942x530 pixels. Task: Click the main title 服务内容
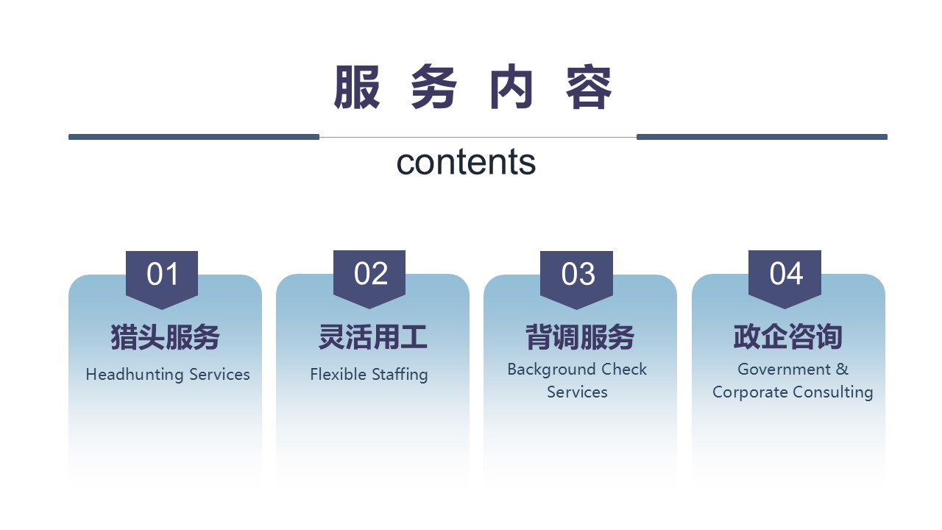pyautogui.click(x=472, y=87)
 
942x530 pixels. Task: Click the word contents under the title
pyautogui.click(x=466, y=163)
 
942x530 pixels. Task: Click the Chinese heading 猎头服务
pyautogui.click(x=165, y=337)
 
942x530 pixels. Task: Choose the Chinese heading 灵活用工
pyautogui.click(x=372, y=337)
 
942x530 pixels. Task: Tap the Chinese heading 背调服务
pyautogui.click(x=580, y=337)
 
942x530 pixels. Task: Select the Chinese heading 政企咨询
pyautogui.click(x=787, y=337)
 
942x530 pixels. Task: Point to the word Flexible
pyautogui.click(x=338, y=374)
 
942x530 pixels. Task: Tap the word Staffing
pyautogui.click(x=400, y=375)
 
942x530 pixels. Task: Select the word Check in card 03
pyautogui.click(x=624, y=369)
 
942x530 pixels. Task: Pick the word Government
pyautogui.click(x=785, y=370)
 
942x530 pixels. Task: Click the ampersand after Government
pyautogui.click(x=842, y=370)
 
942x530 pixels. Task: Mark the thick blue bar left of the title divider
pyautogui.click(x=194, y=137)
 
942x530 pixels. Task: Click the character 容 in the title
pyautogui.click(x=589, y=87)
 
